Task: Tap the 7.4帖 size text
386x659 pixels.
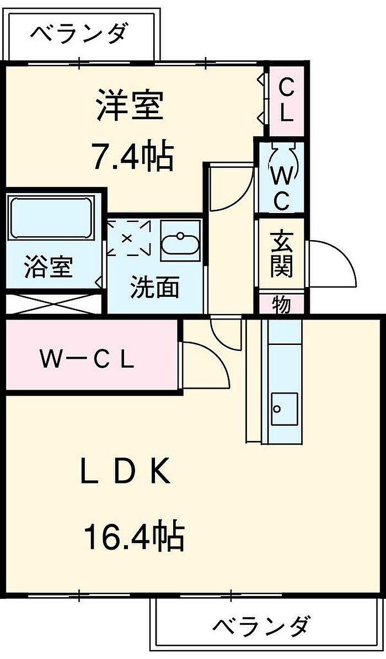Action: click(x=133, y=156)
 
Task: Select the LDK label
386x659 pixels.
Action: click(x=126, y=474)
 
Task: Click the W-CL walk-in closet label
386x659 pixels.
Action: click(x=87, y=360)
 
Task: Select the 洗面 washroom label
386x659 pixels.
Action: click(x=155, y=288)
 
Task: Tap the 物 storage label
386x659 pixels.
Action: click(x=281, y=304)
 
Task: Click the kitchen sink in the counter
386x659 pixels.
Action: click(x=285, y=409)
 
